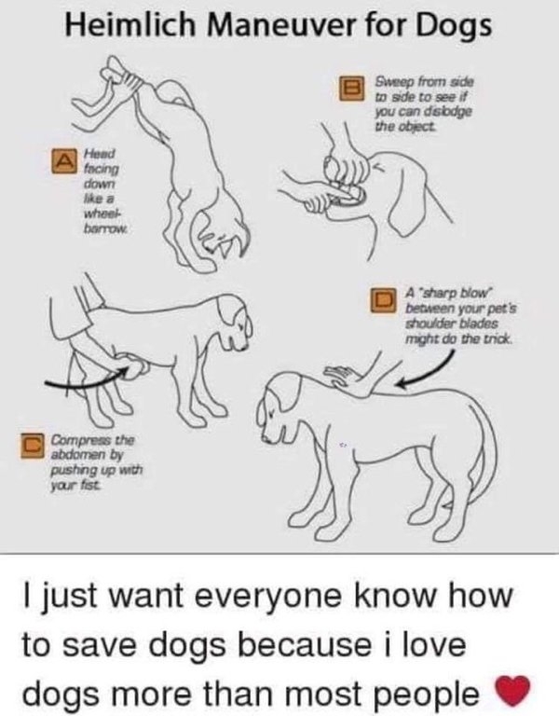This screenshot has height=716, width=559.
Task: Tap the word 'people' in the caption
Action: (x=438, y=695)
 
